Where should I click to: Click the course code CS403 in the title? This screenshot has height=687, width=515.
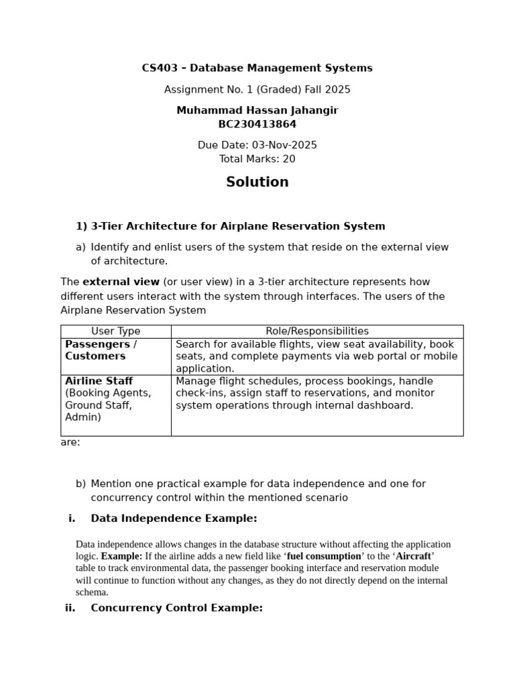158,68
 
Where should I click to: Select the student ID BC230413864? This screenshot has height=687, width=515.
257,124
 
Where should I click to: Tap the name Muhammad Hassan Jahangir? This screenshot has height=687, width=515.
257,111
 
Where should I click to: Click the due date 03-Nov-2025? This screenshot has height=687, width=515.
284,146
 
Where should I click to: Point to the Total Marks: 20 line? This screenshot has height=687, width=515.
257,160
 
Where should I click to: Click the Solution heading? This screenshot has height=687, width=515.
257,182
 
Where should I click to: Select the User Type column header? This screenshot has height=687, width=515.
115,331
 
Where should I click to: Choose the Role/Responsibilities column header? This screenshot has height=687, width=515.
317,331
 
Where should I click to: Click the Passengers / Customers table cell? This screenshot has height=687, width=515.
101,350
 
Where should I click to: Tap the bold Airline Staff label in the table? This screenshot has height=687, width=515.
99,381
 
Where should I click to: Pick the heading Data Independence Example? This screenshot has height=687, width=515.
174,519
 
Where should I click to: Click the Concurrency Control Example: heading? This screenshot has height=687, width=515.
176,608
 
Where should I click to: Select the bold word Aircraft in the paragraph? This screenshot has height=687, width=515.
414,557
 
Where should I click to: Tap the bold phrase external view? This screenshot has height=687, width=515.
121,282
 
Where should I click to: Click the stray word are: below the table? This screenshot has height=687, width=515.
70,443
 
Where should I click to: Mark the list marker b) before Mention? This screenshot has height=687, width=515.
80,484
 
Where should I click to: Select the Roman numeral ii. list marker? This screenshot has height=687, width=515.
70,608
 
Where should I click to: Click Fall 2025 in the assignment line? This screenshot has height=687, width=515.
329,90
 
